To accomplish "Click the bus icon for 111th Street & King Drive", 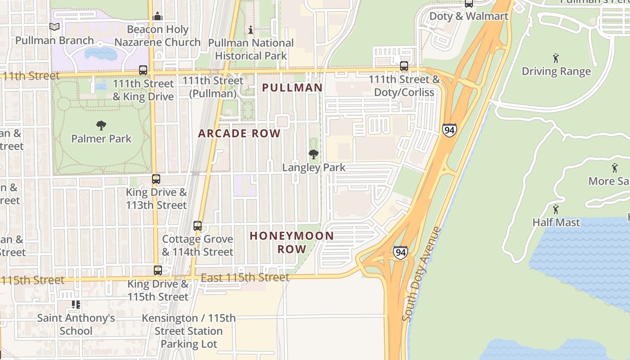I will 143,70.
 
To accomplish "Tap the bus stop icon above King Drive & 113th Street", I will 156,179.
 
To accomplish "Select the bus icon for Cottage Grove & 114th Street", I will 198,226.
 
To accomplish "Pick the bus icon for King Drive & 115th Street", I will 158,270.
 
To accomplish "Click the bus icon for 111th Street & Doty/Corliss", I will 404,66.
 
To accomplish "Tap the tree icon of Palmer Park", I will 101,126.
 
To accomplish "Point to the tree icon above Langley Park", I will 314,154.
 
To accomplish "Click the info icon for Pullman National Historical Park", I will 251,30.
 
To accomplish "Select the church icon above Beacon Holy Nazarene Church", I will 157,16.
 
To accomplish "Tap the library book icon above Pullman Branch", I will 54,27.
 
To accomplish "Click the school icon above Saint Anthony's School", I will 76,305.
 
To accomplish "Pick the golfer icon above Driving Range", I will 556,58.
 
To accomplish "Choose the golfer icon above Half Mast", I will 556,209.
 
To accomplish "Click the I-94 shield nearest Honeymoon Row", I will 400,252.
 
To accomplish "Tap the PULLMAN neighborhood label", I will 292,88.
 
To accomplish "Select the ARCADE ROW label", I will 239,134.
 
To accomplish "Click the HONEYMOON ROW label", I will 292,242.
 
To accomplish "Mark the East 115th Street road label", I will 245,277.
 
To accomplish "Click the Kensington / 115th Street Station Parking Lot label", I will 189,331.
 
